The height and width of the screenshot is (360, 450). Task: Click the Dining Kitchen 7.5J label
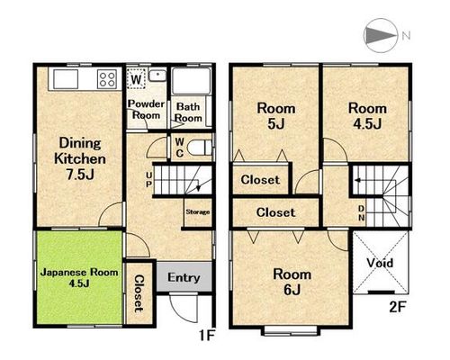(80, 158)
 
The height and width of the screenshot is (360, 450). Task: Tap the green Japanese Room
(79, 277)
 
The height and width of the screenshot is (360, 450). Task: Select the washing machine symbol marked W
(136, 78)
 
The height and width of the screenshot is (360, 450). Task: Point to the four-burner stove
(107, 79)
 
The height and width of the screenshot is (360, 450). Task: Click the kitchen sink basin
(66, 79)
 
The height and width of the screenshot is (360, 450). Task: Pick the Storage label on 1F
(198, 211)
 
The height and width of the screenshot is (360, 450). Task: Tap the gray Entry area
(184, 276)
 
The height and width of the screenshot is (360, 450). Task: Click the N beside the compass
(406, 36)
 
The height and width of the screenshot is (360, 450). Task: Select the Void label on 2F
(380, 263)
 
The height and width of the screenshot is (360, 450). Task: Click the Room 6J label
(292, 282)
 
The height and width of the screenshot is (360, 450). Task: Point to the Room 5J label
(276, 116)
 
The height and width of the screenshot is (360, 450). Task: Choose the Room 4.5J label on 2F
(367, 116)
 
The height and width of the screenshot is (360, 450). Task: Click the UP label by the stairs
(148, 179)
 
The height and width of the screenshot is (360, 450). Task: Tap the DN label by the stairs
(362, 213)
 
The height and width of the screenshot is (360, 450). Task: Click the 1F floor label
(207, 336)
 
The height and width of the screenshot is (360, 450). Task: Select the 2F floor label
(398, 307)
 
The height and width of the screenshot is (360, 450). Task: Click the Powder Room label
(146, 110)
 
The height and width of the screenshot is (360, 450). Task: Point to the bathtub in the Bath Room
(191, 81)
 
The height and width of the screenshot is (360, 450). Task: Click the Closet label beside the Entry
(139, 293)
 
